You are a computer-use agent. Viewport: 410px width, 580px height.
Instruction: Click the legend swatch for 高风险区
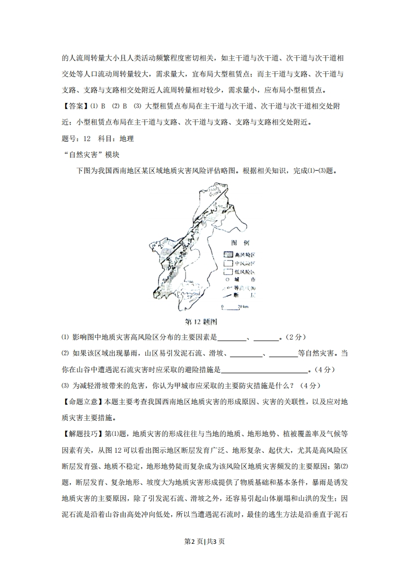click(x=229, y=255)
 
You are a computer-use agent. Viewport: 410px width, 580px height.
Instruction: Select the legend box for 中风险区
click(x=229, y=263)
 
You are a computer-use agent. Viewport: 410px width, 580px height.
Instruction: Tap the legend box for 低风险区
click(x=229, y=271)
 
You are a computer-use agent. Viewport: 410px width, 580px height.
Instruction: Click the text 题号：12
click(x=76, y=139)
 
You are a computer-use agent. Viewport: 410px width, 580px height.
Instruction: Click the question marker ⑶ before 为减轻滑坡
click(x=65, y=386)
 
